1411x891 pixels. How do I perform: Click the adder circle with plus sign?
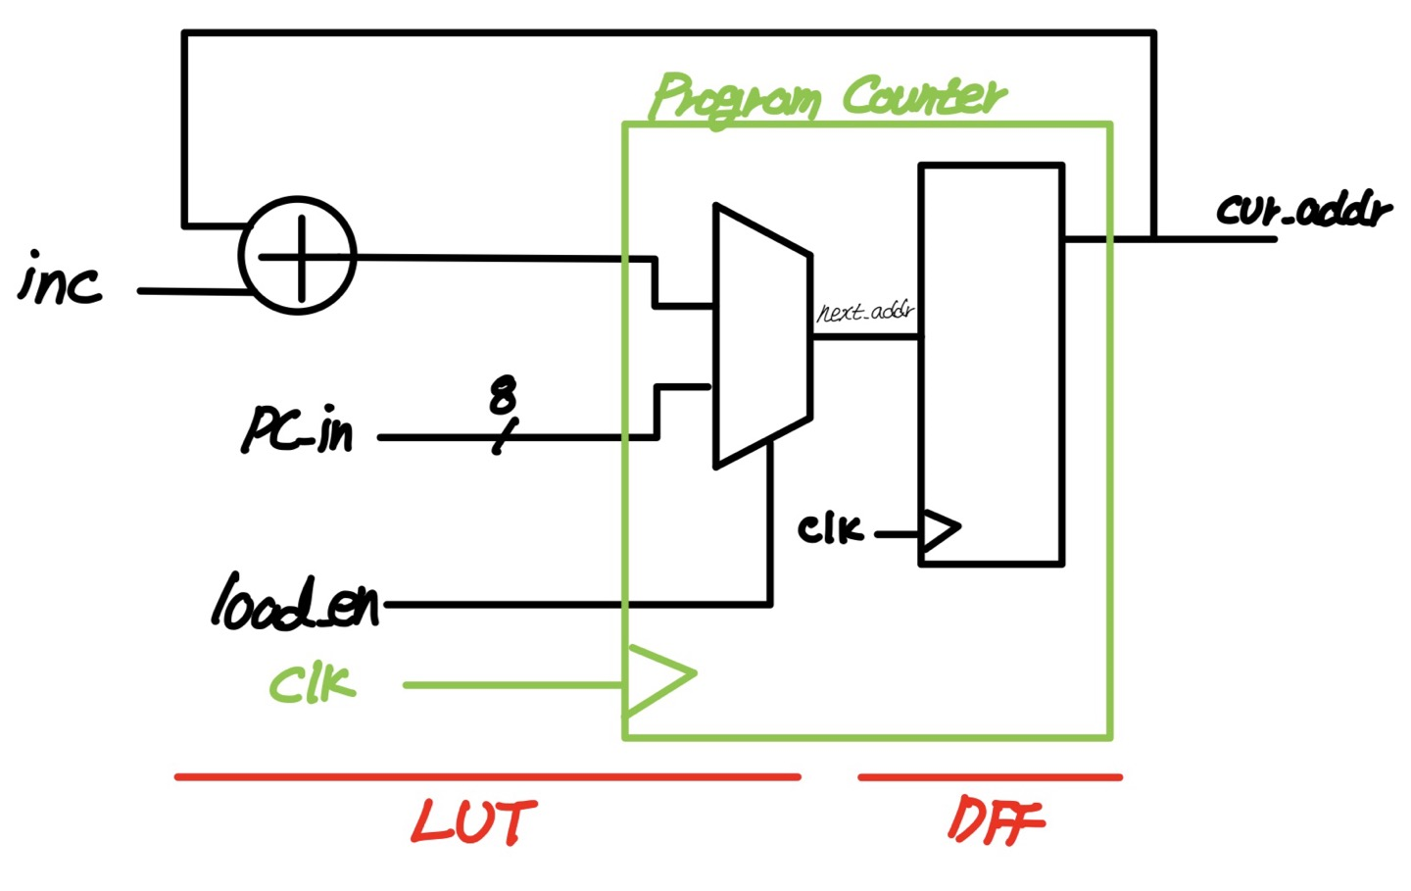(x=298, y=256)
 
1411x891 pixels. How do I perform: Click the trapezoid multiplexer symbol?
(x=761, y=336)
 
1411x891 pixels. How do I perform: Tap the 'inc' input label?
(x=61, y=279)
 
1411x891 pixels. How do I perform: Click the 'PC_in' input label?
(x=298, y=429)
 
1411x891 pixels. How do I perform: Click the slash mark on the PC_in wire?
(x=503, y=438)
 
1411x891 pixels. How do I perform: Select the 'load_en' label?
(x=295, y=602)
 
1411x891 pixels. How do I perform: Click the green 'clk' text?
(x=312, y=683)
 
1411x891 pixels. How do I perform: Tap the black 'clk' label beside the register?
(x=830, y=529)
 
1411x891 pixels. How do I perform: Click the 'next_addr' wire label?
(x=865, y=312)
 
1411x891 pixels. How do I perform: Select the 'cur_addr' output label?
(x=1303, y=209)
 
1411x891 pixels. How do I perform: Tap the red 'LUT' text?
(x=473, y=821)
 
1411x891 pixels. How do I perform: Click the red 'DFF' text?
(x=996, y=821)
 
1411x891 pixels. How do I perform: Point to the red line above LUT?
(x=487, y=777)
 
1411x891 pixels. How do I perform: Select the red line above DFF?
(x=990, y=777)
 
